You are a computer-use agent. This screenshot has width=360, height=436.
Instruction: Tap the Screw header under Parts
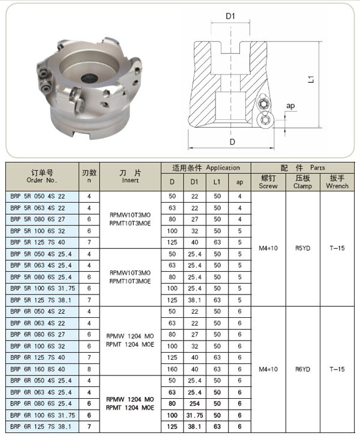tap(268, 182)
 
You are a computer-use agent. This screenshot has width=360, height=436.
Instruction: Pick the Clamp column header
tap(302, 182)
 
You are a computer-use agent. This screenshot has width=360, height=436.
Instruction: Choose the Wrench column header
tap(337, 182)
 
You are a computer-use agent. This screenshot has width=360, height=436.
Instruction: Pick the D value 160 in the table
tap(172, 369)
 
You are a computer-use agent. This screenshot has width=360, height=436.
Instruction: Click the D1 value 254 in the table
tap(195, 403)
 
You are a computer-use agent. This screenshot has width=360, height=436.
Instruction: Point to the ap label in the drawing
tap(290, 106)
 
